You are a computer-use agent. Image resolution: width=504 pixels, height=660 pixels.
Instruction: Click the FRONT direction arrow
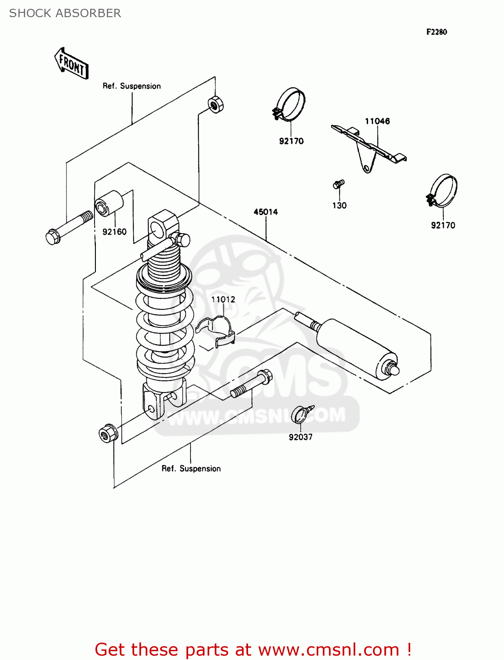(71, 63)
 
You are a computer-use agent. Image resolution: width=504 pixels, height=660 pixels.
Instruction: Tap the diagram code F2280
(436, 32)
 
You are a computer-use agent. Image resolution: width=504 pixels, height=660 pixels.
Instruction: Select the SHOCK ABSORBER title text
(65, 13)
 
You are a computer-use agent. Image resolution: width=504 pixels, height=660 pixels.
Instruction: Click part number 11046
(377, 121)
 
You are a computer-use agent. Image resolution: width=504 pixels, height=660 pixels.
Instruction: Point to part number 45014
(266, 212)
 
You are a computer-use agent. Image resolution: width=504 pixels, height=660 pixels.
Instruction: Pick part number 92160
(114, 231)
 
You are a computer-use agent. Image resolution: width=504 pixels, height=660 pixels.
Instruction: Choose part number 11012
(223, 300)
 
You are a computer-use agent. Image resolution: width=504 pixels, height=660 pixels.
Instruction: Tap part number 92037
(300, 437)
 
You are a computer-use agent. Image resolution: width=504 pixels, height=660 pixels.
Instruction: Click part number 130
(340, 205)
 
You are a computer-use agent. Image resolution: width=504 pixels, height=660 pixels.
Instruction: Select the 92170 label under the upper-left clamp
(291, 141)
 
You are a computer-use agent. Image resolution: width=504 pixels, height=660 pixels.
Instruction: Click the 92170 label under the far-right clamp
(443, 225)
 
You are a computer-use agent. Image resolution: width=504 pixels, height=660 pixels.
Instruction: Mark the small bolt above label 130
(339, 184)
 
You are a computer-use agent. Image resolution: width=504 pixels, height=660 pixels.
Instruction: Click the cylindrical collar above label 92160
(109, 203)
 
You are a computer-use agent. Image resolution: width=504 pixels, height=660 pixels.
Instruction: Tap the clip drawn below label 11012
(215, 332)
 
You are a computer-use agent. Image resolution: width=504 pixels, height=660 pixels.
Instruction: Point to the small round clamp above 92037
(302, 414)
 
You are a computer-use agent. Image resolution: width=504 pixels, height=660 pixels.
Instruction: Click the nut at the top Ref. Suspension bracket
(215, 104)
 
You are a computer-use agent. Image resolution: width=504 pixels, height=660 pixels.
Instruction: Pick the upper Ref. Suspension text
(131, 86)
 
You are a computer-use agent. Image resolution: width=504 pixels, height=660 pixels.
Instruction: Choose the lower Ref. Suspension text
(191, 469)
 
